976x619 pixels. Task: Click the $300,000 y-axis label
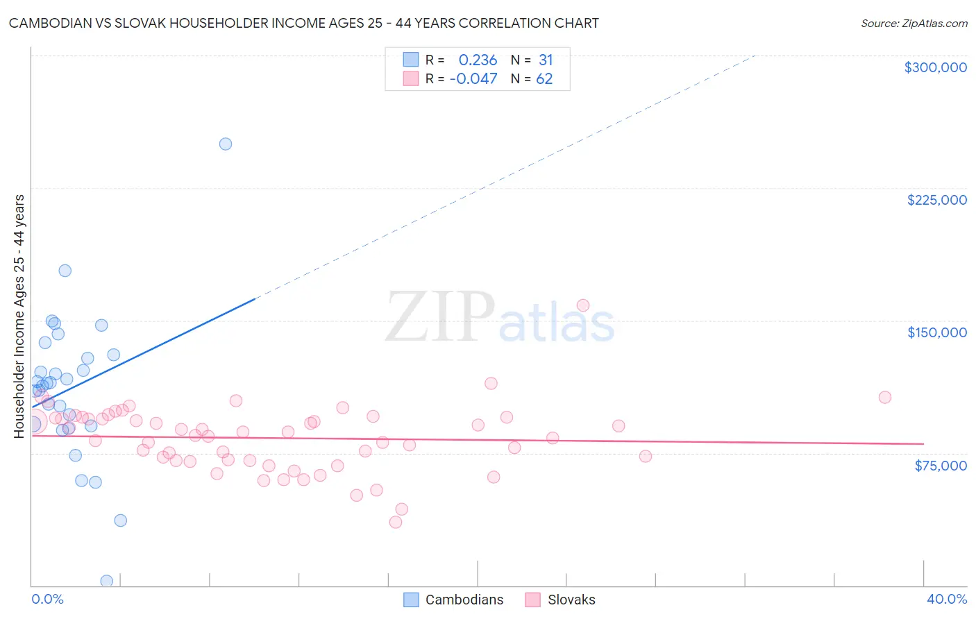tap(935, 67)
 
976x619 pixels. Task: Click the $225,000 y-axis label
tap(936, 200)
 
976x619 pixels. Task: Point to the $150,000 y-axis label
tap(936, 332)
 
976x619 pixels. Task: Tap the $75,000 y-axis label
tap(940, 466)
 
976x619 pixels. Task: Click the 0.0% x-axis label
tap(47, 599)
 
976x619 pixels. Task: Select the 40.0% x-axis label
tap(946, 599)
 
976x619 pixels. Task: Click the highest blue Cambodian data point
tap(226, 144)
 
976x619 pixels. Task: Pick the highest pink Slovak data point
tap(583, 305)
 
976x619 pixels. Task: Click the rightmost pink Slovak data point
tap(884, 398)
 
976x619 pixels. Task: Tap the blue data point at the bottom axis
tap(107, 581)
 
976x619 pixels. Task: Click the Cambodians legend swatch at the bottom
tap(411, 600)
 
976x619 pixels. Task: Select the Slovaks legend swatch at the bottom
tap(532, 600)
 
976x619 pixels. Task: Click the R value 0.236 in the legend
tap(478, 60)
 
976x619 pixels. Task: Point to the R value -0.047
tap(473, 79)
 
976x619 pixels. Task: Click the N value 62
tap(544, 79)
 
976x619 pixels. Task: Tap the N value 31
tap(546, 60)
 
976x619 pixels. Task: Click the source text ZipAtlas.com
tap(934, 24)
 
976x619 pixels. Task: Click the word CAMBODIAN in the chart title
tap(53, 24)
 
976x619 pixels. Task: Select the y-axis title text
tap(19, 316)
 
